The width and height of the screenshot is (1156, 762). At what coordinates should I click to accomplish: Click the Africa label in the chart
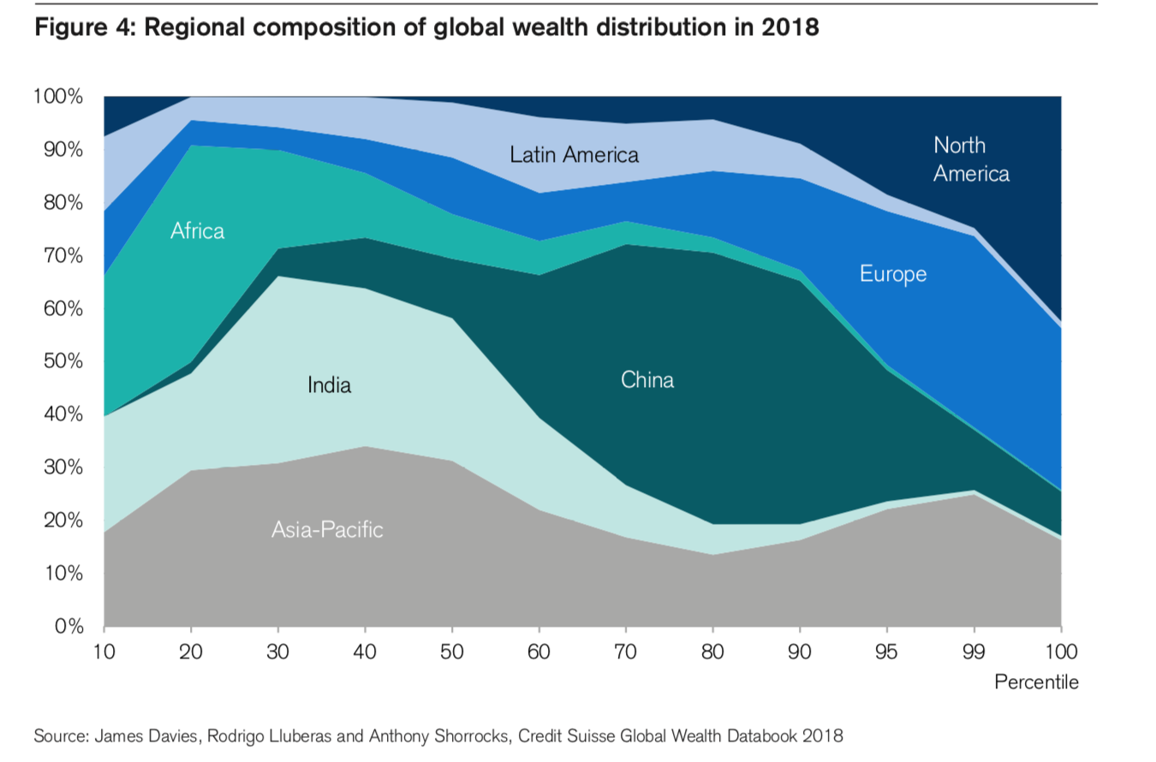coord(197,230)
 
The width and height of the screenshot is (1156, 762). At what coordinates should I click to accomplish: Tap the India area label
coord(330,386)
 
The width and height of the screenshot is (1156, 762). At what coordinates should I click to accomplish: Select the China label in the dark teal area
coord(647,380)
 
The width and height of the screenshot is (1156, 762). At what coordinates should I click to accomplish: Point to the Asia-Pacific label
coord(327,530)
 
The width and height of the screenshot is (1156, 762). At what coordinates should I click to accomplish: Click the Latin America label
coord(574,155)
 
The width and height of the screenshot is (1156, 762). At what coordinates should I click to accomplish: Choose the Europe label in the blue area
coord(893,274)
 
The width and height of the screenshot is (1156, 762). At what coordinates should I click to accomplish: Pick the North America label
coord(971,159)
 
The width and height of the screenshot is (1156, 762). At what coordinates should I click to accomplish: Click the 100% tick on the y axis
coord(57,97)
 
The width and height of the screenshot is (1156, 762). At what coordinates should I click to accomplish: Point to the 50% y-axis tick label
coord(62,361)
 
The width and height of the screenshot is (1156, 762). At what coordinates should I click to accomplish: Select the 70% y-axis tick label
coord(62,255)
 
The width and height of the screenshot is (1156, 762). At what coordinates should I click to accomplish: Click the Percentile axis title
coord(1036,682)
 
